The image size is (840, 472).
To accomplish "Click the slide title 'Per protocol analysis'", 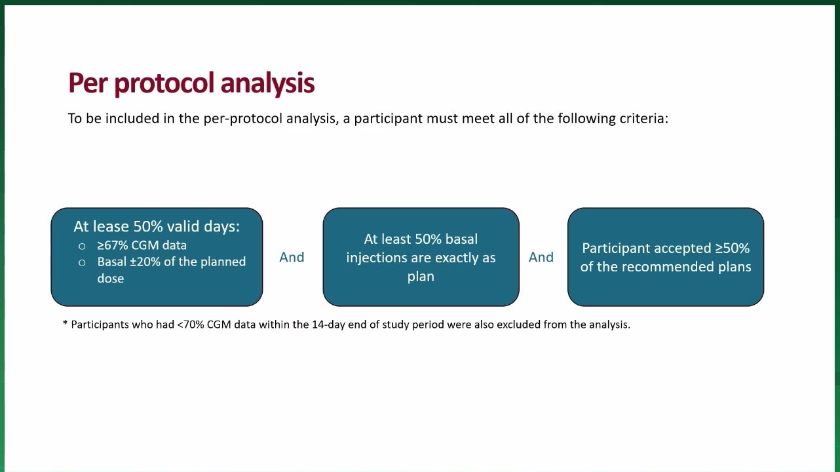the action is point(191,83).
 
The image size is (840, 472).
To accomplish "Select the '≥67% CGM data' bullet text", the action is point(142,245).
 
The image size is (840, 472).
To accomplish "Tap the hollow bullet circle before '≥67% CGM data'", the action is point(82,246).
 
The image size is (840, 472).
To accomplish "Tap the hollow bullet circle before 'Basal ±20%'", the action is point(82,263).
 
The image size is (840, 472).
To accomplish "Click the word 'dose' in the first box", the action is point(110,279).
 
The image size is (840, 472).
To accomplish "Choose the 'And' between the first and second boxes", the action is point(292,258).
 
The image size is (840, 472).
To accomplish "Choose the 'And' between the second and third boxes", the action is point(541,258).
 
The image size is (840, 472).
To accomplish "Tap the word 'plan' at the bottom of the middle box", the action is point(421,277).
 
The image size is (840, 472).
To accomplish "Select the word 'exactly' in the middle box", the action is point(458,258).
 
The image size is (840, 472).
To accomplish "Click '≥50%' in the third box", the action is point(733,248).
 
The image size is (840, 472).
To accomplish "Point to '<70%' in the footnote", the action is point(191,324).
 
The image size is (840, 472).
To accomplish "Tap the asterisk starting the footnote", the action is point(65,323).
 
